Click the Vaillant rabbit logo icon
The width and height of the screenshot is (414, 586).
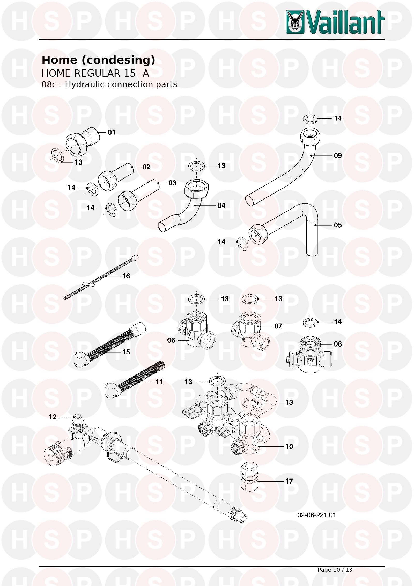coord(295,22)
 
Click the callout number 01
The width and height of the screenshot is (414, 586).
coord(112,132)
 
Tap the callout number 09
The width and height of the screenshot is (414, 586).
coord(338,156)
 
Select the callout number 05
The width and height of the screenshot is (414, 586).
coord(338,225)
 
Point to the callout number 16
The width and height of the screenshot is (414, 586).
coord(126,276)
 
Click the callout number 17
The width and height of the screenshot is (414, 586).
coord(289,481)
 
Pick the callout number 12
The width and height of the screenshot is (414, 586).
coord(53,417)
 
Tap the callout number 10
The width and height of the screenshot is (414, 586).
coord(289,446)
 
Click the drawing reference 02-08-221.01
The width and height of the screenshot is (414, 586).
coord(317,515)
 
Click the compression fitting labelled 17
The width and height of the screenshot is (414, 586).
coord(250,477)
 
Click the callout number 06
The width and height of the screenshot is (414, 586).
coord(171,340)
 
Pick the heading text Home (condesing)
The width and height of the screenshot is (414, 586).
coord(98,60)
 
